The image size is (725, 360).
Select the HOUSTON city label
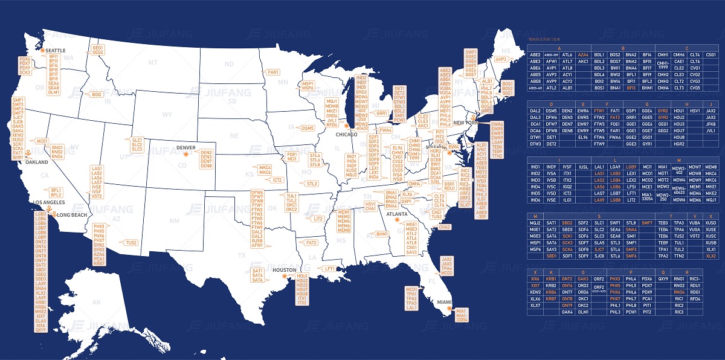pos(285,270)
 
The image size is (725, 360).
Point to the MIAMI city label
pos(445,302)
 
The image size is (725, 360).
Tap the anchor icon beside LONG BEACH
pos(54,214)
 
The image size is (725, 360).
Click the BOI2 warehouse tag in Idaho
pos(97,94)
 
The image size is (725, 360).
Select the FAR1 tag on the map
pos(273,72)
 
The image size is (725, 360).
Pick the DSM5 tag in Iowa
pos(308,128)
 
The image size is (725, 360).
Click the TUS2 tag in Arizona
pos(131,243)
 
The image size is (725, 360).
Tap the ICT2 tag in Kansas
pos(277,180)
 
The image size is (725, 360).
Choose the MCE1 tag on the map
pos(42,141)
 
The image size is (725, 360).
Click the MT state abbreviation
pos(153,62)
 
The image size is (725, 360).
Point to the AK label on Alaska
pos(96,301)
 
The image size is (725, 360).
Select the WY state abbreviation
pos(167,114)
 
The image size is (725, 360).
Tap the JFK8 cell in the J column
pos(710,124)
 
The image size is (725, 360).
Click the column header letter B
pos(623,48)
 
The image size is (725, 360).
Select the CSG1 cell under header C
pos(710,54)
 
